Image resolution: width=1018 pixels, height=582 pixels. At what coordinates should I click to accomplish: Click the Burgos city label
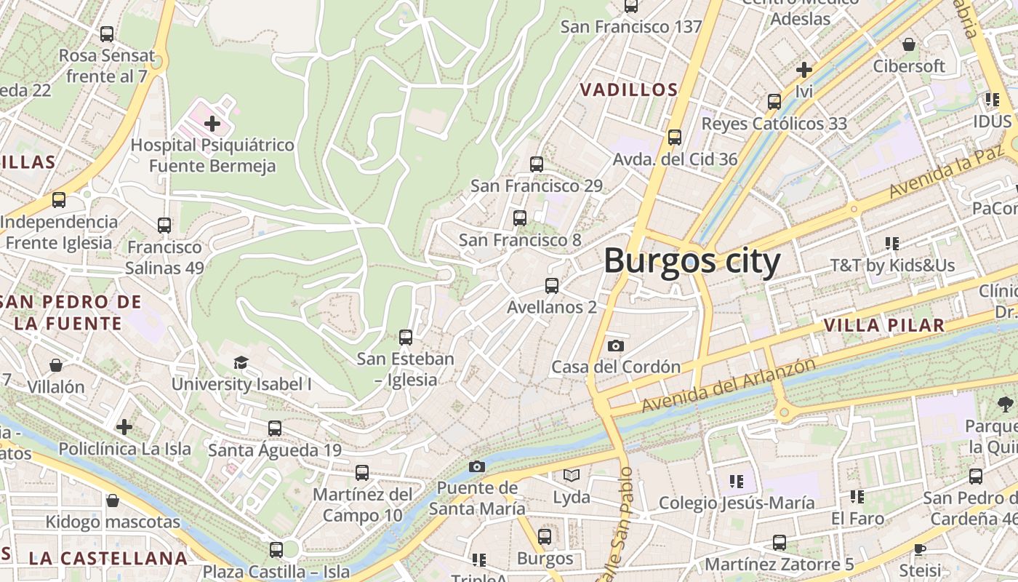692,261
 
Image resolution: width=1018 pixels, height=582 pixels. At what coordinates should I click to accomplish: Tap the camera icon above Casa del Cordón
616,346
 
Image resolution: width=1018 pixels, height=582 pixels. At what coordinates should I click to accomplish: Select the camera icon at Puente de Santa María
477,466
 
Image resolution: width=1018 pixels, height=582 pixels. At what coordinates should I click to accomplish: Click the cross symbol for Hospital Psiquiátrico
212,123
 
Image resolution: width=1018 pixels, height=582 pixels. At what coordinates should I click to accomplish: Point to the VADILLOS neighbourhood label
629,90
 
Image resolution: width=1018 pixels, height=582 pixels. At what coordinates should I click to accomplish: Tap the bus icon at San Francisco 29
537,164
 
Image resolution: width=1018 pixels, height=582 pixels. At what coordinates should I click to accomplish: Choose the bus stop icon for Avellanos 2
552,286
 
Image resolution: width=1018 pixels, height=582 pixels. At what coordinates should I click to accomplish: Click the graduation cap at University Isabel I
241,362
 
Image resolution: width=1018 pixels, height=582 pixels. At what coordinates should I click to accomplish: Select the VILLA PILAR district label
884,325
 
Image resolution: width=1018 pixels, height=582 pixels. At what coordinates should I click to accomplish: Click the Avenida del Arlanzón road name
728,385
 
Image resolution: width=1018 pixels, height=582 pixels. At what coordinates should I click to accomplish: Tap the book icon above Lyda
572,476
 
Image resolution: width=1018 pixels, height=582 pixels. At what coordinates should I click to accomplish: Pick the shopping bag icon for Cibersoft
909,45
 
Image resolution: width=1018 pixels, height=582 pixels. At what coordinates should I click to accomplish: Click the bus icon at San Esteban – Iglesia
406,338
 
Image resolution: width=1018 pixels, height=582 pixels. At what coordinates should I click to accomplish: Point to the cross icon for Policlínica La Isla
124,426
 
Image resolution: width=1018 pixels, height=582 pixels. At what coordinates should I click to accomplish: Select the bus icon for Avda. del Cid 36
675,137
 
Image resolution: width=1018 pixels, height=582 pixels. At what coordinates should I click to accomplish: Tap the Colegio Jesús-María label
737,503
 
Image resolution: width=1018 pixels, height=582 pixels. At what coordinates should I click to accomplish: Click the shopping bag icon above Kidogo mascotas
113,501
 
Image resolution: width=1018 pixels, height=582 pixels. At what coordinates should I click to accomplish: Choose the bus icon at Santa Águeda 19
274,428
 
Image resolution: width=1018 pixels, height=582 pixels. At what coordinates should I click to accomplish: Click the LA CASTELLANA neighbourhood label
108,559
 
